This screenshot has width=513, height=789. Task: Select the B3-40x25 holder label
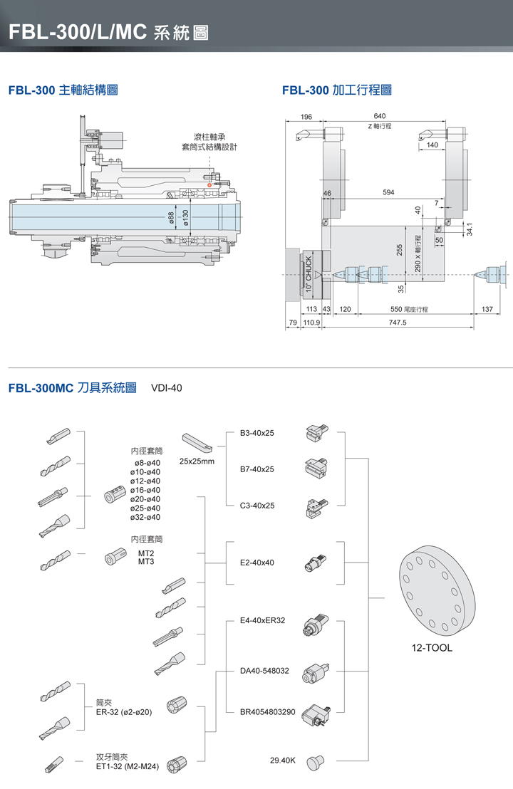click(x=257, y=433)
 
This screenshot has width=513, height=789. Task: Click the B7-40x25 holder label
click(x=257, y=469)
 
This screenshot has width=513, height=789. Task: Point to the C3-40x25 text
click(x=257, y=506)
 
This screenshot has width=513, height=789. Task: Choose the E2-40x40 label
click(x=257, y=563)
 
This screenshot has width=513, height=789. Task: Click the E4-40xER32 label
click(x=263, y=621)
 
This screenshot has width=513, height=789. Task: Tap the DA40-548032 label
click(x=264, y=671)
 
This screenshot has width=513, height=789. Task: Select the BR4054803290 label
click(x=267, y=711)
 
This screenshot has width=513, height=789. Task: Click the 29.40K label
click(x=283, y=761)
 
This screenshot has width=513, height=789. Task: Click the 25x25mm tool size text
click(x=197, y=461)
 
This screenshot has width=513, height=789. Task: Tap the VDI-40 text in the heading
click(x=167, y=388)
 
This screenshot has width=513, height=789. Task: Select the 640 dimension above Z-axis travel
click(x=379, y=116)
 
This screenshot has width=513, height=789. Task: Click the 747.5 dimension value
click(x=398, y=323)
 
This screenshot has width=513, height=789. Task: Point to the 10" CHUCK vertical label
click(x=309, y=273)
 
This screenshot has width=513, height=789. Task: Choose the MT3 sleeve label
click(x=146, y=562)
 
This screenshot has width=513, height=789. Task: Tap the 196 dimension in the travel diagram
click(x=307, y=116)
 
